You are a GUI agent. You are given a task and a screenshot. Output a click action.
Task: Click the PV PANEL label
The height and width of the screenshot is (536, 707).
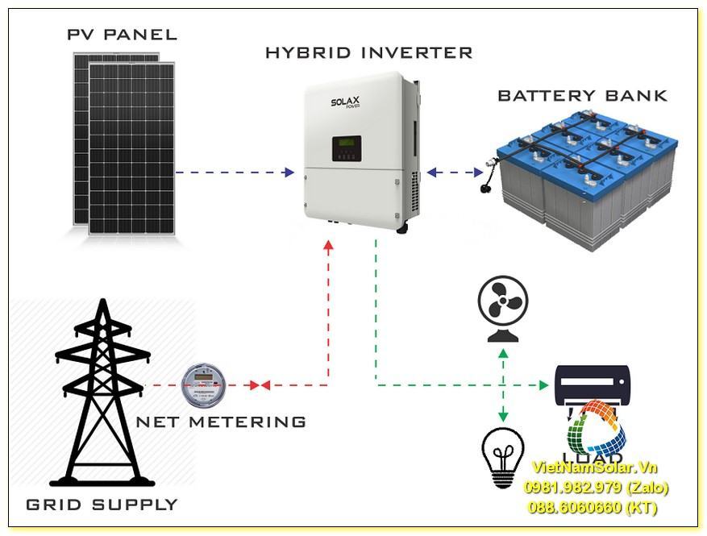point(122,35)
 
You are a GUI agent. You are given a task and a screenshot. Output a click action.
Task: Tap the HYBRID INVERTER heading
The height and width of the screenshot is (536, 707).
point(368,53)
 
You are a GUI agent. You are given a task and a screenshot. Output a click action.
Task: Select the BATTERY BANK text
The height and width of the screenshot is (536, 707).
point(582,96)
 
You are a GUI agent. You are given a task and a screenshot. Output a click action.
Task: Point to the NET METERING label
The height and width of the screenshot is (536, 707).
point(220,422)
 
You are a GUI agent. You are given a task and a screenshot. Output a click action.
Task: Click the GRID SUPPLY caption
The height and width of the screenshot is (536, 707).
point(102,505)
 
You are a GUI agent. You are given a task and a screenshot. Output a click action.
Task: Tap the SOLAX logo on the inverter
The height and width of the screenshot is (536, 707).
point(346,103)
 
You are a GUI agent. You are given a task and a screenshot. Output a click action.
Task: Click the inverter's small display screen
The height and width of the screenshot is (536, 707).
point(346,148)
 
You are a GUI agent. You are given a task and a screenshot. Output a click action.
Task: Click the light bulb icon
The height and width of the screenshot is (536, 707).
point(502,456)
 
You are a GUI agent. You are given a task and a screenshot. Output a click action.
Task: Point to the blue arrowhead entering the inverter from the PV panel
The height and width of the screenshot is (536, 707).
point(289,172)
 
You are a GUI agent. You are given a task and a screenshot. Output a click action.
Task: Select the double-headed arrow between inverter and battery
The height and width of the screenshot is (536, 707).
point(455,172)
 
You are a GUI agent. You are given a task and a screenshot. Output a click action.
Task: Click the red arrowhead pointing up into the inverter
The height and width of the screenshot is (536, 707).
point(328,244)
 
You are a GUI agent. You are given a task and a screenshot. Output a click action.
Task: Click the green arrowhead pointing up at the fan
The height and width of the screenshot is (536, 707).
point(503,352)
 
